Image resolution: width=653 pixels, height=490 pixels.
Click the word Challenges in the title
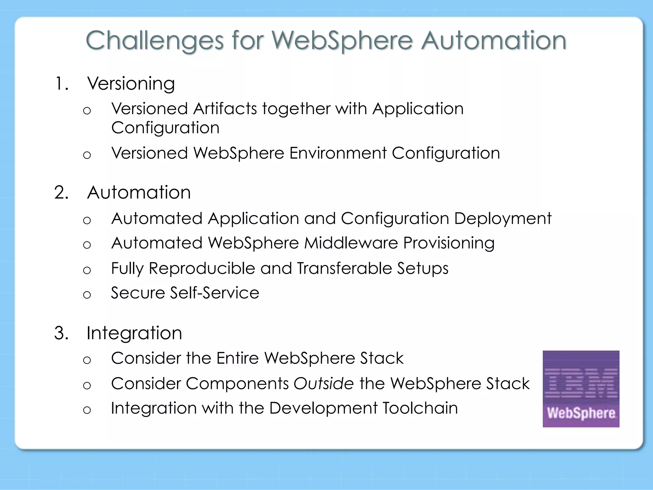[154, 41]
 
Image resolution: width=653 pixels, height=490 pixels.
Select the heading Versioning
[131, 84]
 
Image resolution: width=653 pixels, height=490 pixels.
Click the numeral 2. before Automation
[61, 193]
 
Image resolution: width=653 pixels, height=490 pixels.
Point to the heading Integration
[134, 333]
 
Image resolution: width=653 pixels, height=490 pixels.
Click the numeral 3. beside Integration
[61, 333]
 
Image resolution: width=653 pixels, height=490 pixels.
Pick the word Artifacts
[225, 109]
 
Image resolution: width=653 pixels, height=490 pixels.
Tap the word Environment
[338, 153]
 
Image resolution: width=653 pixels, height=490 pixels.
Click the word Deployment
[503, 219]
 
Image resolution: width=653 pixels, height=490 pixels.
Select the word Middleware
[351, 243]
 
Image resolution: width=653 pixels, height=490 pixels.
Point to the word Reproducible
[202, 268]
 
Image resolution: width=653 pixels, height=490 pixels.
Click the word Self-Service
[215, 293]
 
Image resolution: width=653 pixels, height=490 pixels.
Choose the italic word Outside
[323, 383]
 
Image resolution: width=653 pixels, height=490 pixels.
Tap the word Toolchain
[420, 408]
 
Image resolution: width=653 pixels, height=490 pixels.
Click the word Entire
[238, 358]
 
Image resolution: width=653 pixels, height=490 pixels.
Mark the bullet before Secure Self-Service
[87, 294]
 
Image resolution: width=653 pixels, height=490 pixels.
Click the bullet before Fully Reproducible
[87, 270]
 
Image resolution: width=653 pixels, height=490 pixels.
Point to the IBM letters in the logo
[581, 382]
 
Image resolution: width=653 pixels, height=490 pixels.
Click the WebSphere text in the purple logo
[581, 413]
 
